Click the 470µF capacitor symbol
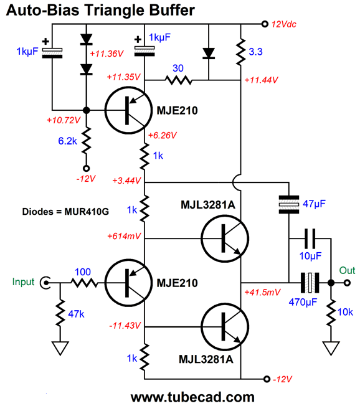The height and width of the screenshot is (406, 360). [x=310, y=283]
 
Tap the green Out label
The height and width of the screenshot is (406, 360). [x=346, y=270]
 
